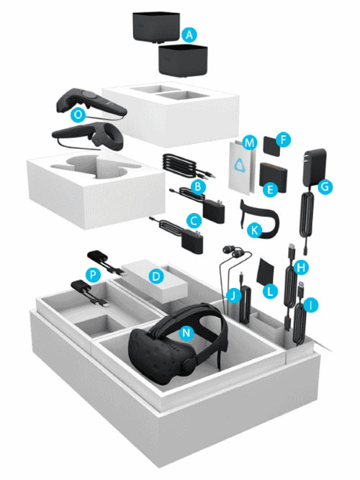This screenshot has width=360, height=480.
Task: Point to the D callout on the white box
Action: click(x=154, y=275)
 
